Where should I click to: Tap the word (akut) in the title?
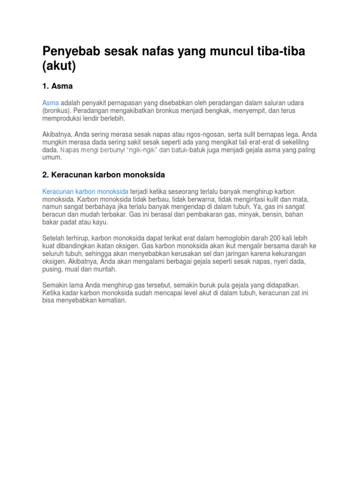pos(59,66)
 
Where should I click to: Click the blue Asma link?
pos(51,103)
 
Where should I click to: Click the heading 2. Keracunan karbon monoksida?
pos(104,175)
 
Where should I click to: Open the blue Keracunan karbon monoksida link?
pos(85,191)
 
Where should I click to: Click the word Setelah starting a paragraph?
pos(53,238)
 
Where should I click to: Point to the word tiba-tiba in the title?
pos(280,52)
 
